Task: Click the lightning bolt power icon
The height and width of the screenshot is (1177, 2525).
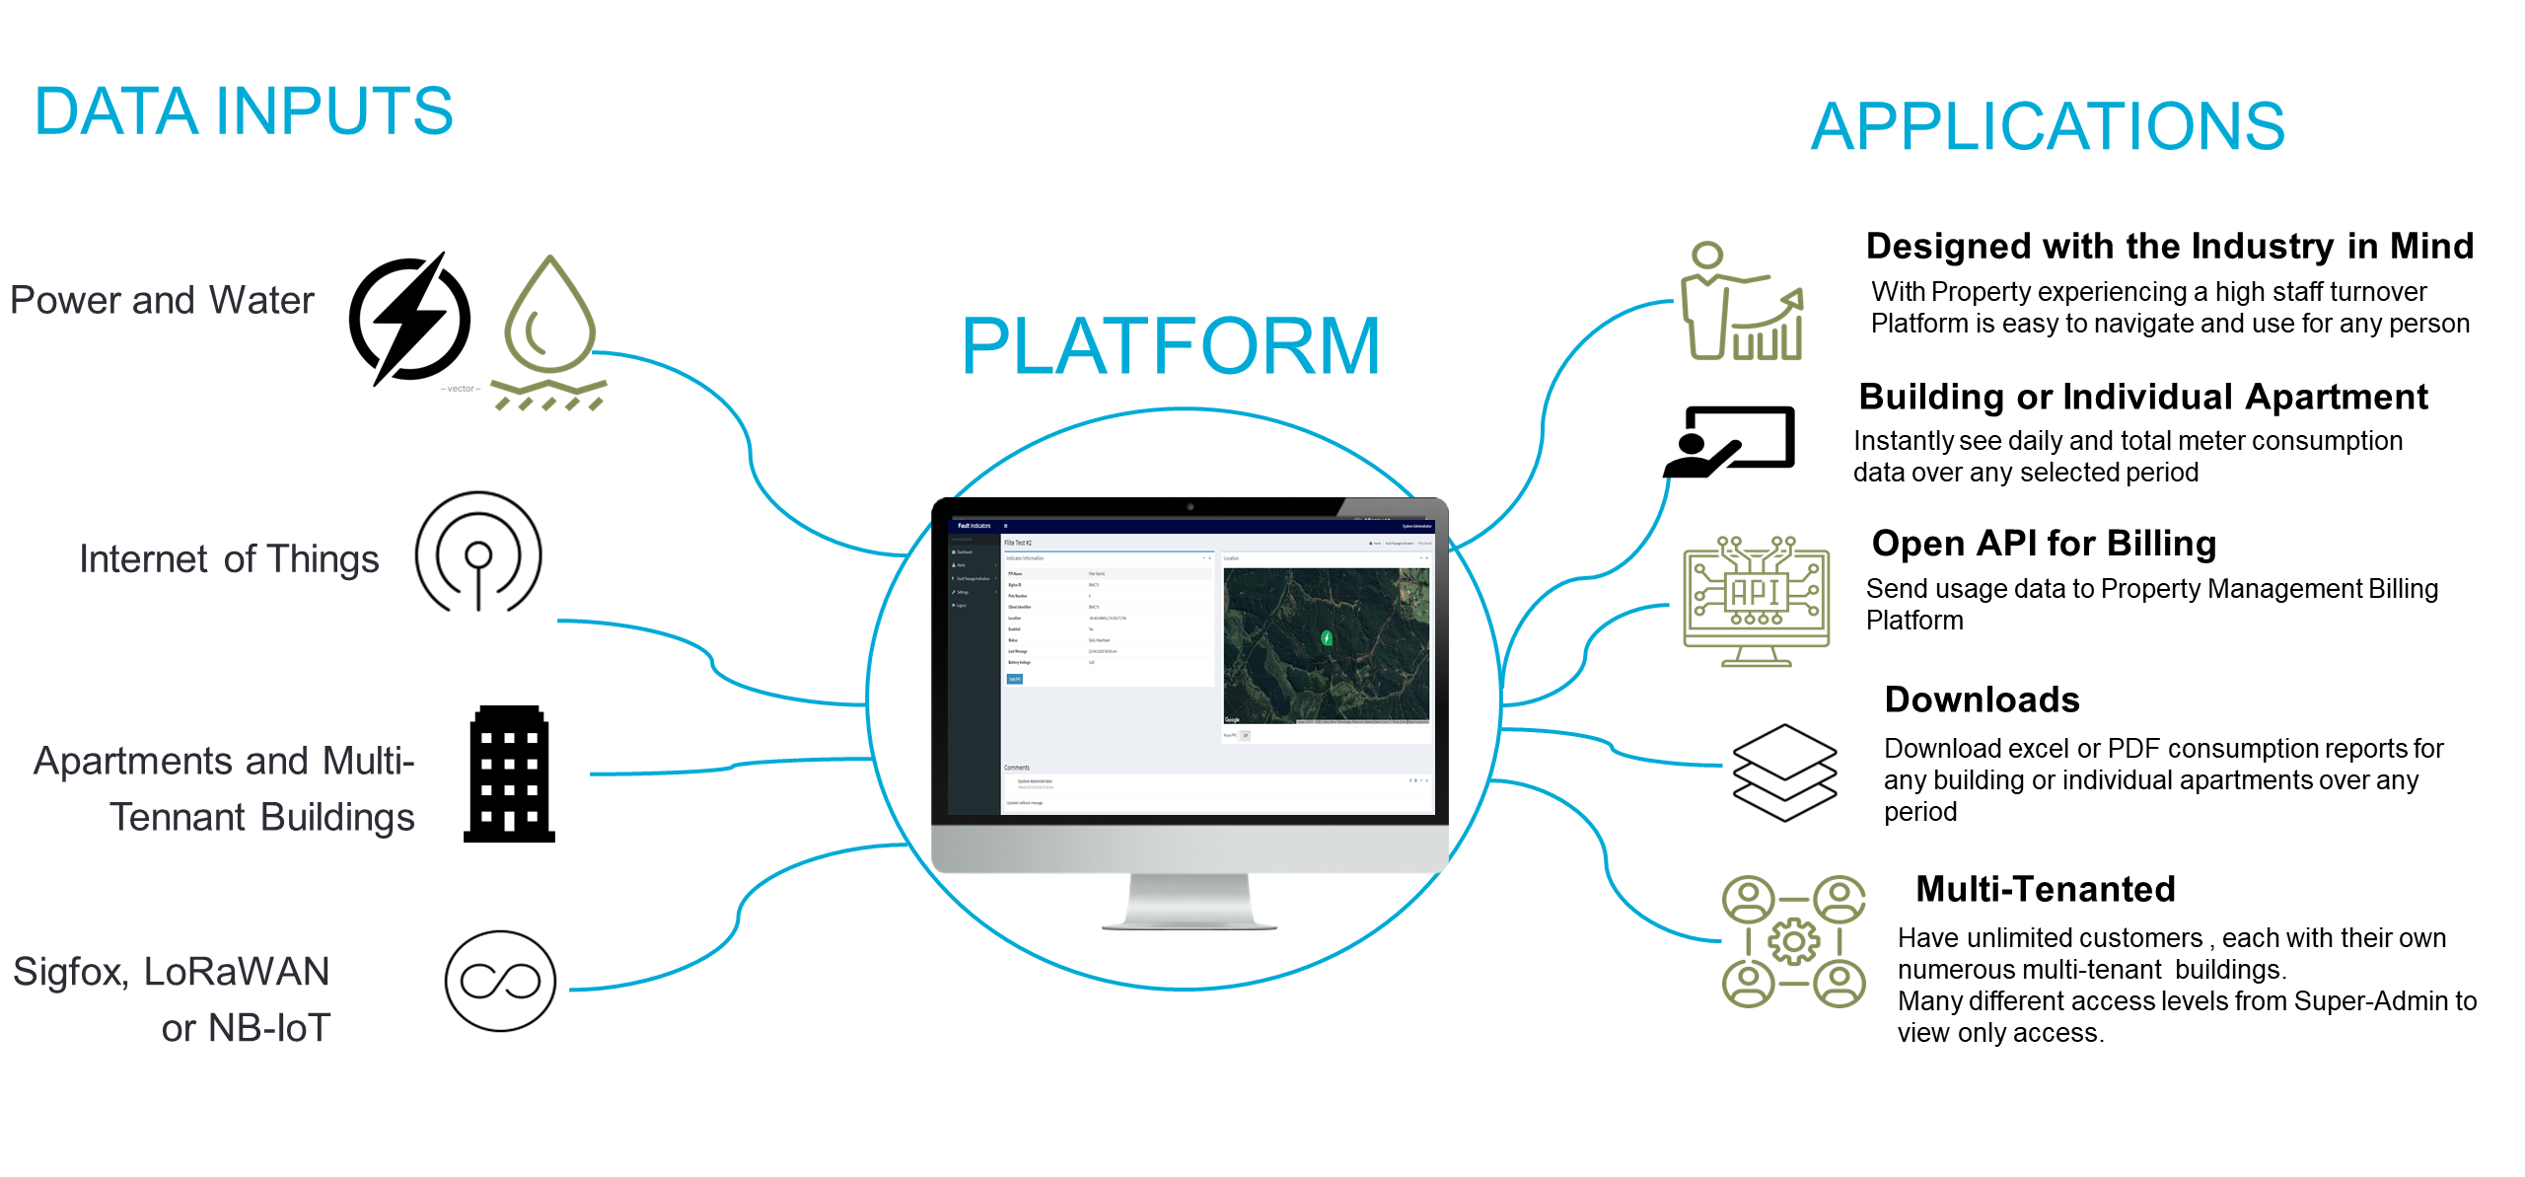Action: [410, 319]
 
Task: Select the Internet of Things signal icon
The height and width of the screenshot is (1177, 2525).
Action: [478, 553]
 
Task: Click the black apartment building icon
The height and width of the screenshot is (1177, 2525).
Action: [509, 775]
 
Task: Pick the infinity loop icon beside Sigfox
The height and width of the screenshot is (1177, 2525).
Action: [500, 981]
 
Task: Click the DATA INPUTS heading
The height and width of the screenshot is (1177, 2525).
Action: [244, 110]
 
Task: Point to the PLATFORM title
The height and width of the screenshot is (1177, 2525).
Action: [1170, 346]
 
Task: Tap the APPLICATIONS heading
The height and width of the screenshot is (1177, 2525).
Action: [2048, 126]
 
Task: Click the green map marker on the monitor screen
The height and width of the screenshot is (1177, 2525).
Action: [1327, 637]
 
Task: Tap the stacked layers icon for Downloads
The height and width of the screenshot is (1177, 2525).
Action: [1784, 772]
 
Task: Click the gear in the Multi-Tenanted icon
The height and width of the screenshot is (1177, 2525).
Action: [1793, 940]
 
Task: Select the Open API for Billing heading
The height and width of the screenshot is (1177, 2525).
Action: [2044, 544]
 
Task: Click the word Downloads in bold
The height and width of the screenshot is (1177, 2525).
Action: [1982, 699]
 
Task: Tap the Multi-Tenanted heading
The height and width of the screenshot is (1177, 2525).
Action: [2045, 889]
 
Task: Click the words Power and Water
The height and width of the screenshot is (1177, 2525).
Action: [162, 300]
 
